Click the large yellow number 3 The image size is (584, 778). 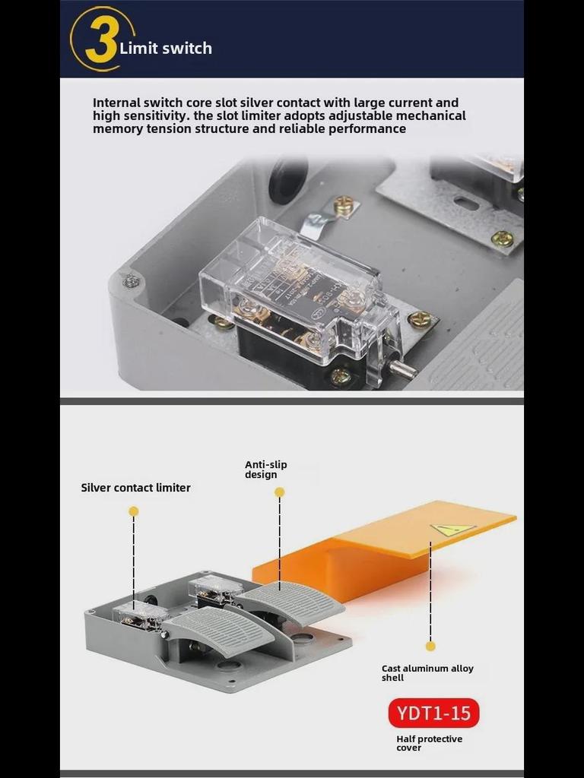click(101, 40)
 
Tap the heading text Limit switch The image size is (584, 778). click(166, 49)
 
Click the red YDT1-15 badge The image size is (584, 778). click(434, 713)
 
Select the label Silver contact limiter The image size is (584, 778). click(135, 488)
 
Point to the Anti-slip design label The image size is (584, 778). click(265, 470)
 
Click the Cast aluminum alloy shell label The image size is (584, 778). click(427, 672)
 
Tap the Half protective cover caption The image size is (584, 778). click(429, 743)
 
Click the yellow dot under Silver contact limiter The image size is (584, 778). click(134, 511)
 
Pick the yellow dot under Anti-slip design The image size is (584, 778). click(279, 492)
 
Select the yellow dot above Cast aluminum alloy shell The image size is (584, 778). click(430, 646)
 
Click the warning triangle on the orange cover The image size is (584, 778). click(452, 530)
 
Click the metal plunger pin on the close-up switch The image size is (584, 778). click(403, 370)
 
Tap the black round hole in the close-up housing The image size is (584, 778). click(288, 180)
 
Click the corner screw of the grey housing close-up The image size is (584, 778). click(132, 281)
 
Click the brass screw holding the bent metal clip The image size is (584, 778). click(344, 204)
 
